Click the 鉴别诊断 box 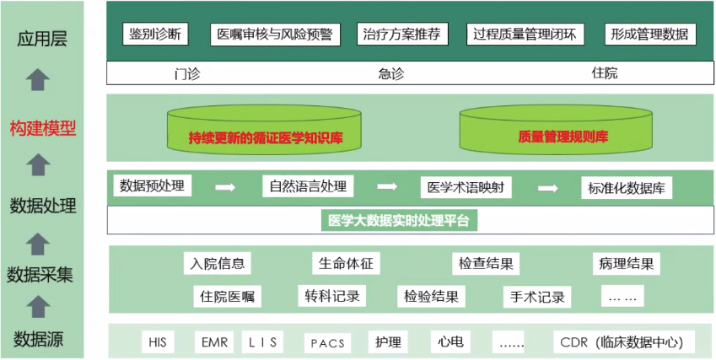coord(154,34)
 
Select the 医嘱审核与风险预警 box coord(274,34)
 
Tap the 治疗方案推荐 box coord(400,34)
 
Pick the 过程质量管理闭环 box coord(525,34)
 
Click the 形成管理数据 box coord(650,34)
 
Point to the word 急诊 coord(390,73)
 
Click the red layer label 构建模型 coord(43,129)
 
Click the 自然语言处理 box coord(307,185)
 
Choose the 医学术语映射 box coord(465,187)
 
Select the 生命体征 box coord(346,263)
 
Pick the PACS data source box coord(327,343)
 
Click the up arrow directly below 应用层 coord(38,80)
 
